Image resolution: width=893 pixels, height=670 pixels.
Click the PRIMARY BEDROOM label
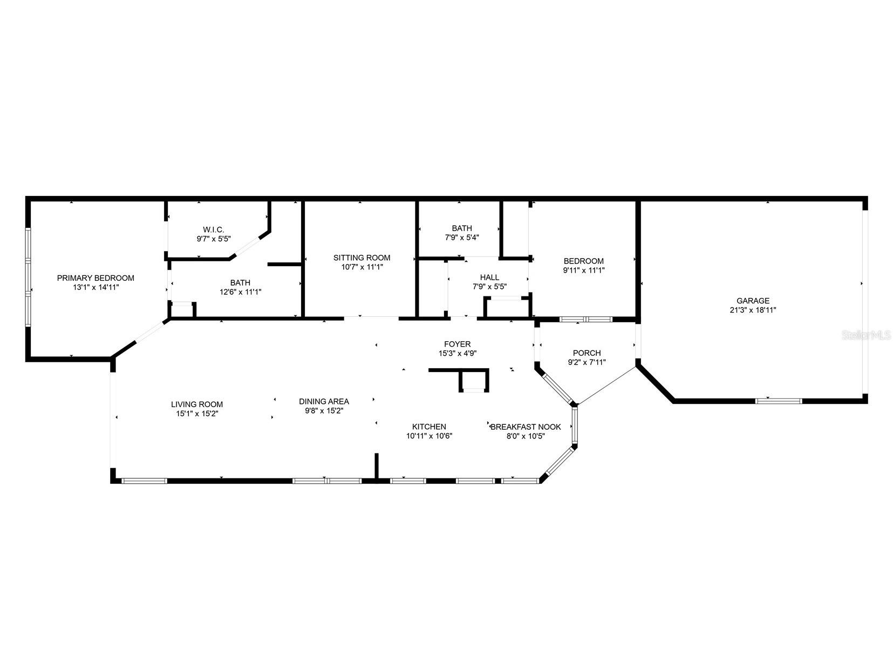(x=96, y=278)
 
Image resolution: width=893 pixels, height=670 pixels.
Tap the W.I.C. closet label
(x=210, y=229)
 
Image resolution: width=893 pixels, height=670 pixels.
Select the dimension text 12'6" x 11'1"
(x=240, y=292)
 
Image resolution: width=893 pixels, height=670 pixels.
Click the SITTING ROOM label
(x=362, y=258)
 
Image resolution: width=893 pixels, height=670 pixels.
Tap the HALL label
(x=489, y=278)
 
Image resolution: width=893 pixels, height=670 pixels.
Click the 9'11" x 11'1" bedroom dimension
(x=583, y=270)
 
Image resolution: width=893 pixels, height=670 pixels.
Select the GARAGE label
(x=753, y=301)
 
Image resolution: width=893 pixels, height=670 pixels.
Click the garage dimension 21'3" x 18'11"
(x=753, y=310)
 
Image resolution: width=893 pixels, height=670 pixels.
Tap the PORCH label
(x=587, y=353)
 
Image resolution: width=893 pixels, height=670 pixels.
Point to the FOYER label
(x=457, y=344)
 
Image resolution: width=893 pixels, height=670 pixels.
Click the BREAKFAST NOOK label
(x=526, y=427)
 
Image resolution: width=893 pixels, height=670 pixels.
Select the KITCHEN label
(x=429, y=427)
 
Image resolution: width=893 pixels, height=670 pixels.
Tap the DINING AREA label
(x=324, y=401)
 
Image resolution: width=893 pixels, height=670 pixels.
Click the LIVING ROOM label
(x=196, y=404)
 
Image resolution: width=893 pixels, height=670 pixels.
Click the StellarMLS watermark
(x=867, y=335)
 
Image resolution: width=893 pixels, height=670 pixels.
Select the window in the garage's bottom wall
(x=778, y=401)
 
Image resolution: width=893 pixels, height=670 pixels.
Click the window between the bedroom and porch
(x=585, y=319)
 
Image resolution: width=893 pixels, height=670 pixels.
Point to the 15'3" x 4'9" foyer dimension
(x=457, y=353)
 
